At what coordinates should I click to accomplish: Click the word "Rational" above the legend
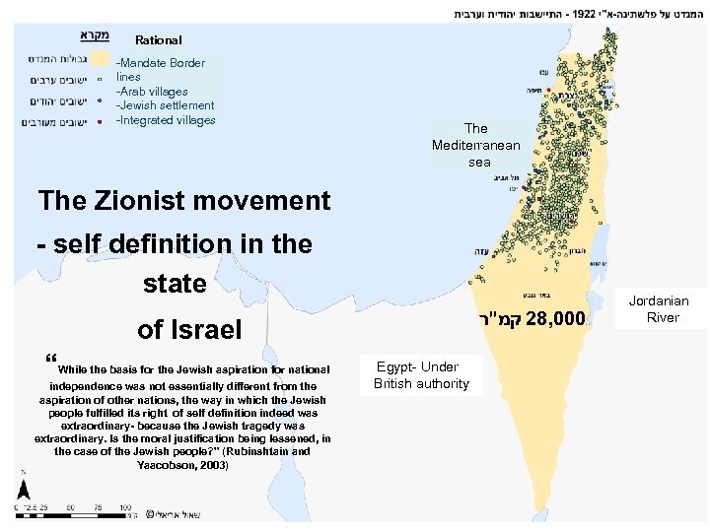coord(158,40)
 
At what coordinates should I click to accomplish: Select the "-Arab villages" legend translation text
coord(152,92)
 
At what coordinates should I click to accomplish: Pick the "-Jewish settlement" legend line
coord(165,105)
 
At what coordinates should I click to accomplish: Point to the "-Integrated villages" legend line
coord(166,120)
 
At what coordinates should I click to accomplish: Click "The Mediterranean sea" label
coord(475,144)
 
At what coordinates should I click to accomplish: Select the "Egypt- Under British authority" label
coord(421,375)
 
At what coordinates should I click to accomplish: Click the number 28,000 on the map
coord(556,319)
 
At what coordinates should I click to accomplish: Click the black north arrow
coord(22,491)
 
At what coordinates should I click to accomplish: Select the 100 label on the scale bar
coord(125,506)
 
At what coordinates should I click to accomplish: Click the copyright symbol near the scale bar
coord(149,513)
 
